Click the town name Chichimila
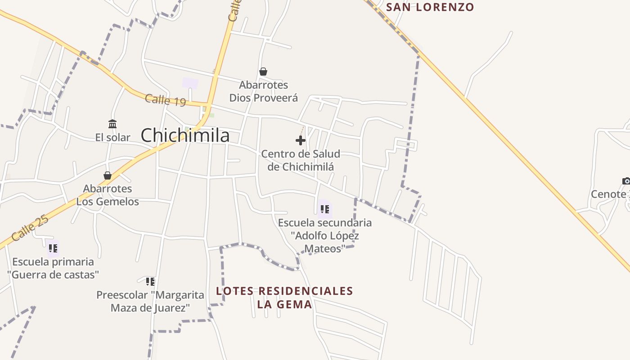[185, 135]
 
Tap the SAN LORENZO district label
[430, 7]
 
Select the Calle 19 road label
[165, 100]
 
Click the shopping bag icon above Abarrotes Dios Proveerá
[263, 72]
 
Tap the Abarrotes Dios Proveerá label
[264, 91]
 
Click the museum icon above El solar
[112, 124]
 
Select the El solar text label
[112, 137]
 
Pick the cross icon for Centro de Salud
[301, 140]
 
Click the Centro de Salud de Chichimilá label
[301, 160]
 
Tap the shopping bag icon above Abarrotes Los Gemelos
[108, 175]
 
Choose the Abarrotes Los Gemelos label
[108, 195]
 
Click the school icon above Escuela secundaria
[324, 209]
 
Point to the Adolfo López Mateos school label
[325, 235]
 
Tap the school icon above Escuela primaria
[53, 248]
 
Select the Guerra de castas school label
[53, 268]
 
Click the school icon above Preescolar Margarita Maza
[150, 282]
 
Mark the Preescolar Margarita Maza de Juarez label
[150, 301]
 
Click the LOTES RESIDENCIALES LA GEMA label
[284, 297]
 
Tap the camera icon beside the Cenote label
[626, 181]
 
